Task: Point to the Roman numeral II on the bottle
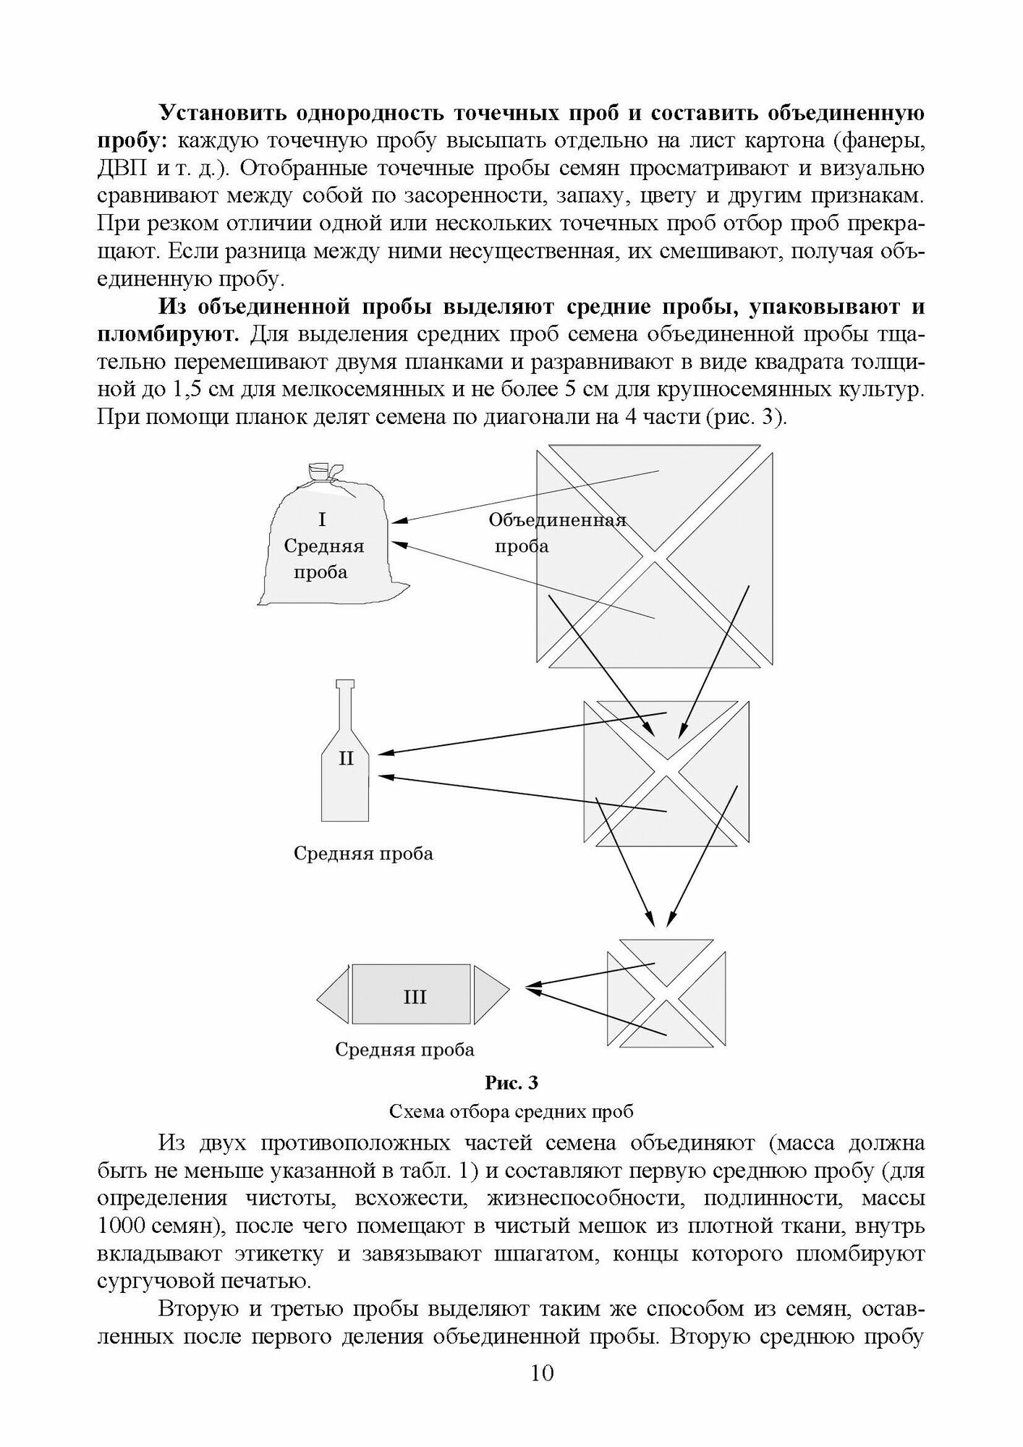point(346,758)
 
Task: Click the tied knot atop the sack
point(319,473)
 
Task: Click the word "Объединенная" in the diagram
point(556,520)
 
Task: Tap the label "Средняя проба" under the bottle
point(363,854)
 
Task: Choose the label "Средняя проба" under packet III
point(404,1049)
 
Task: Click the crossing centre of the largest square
point(654,556)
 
